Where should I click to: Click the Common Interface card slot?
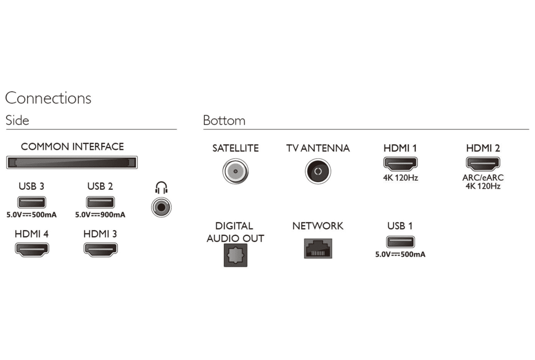(x=72, y=163)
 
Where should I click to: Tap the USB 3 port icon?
(x=32, y=202)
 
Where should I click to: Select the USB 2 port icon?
(x=100, y=202)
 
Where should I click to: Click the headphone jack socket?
(x=161, y=207)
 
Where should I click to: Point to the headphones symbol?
(x=161, y=188)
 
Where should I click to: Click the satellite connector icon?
(x=235, y=171)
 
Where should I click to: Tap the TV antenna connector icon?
(x=317, y=171)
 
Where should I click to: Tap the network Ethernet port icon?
(x=317, y=248)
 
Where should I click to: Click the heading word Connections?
(x=48, y=98)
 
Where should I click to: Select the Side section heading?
(x=17, y=120)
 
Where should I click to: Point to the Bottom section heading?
(x=224, y=120)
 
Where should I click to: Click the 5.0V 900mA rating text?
(x=100, y=215)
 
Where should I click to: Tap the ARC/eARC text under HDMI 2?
(x=483, y=178)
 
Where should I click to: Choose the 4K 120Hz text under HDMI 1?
(x=400, y=178)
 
